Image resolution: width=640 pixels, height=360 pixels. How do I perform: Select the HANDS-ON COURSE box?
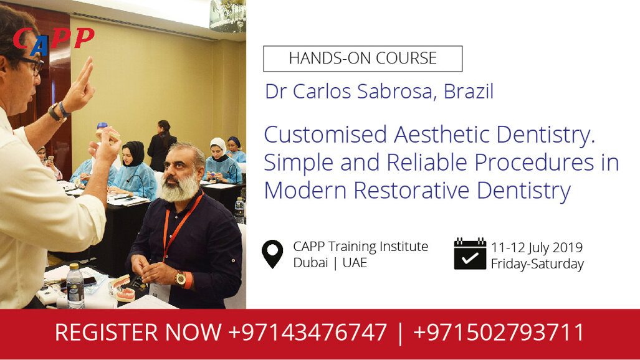(x=363, y=59)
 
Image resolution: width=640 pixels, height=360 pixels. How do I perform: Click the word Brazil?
(x=469, y=92)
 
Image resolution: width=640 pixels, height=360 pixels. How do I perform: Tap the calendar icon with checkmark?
(x=469, y=253)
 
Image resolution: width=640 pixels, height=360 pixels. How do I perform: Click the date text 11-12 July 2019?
(x=537, y=247)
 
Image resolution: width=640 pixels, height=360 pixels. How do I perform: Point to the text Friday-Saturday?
(x=537, y=264)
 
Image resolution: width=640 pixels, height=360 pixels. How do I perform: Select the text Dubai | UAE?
(x=330, y=262)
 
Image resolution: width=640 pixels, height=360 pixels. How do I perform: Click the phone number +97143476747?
(x=307, y=332)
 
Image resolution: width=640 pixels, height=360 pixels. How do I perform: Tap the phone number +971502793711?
(x=499, y=332)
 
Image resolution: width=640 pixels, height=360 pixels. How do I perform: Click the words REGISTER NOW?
(x=138, y=332)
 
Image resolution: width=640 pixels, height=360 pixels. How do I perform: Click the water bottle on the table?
(x=75, y=286)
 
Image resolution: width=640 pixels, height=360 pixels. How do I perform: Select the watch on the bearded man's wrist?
(x=181, y=278)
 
